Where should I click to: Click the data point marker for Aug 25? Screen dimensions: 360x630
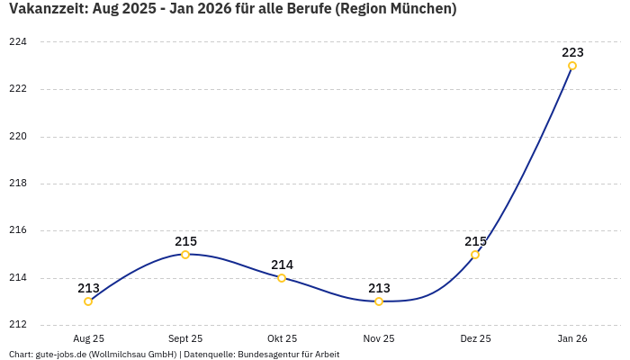tap(88, 301)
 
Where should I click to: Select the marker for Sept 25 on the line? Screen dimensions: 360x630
tap(185, 255)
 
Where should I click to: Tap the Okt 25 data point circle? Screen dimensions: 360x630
tap(282, 278)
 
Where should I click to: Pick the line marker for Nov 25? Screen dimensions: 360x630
tap(379, 301)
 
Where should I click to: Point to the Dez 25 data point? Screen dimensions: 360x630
tap(475, 255)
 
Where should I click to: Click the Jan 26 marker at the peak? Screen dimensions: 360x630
tap(572, 66)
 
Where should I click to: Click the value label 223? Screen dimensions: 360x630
tap(572, 52)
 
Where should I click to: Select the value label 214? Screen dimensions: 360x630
tap(282, 265)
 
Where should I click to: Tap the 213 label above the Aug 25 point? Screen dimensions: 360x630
tap(88, 288)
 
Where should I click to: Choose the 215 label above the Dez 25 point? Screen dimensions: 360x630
tap(475, 241)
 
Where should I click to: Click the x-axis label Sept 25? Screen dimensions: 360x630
tap(185, 338)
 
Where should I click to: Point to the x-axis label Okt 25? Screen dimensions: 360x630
tap(282, 338)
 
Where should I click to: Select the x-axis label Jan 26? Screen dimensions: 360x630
tap(572, 338)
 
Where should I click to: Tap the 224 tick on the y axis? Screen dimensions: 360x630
tap(17, 42)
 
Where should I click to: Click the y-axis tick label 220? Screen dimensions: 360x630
tap(17, 137)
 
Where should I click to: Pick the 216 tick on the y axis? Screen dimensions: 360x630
tap(17, 230)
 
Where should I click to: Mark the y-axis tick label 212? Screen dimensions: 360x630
tap(17, 325)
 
